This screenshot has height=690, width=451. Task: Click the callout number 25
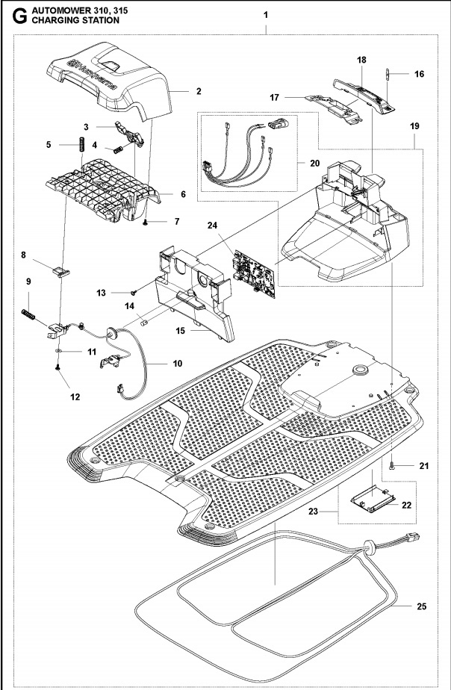point(422,606)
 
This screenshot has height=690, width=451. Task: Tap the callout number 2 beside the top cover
point(198,91)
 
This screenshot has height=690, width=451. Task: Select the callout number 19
point(414,127)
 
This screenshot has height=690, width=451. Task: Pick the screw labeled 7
point(147,222)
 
